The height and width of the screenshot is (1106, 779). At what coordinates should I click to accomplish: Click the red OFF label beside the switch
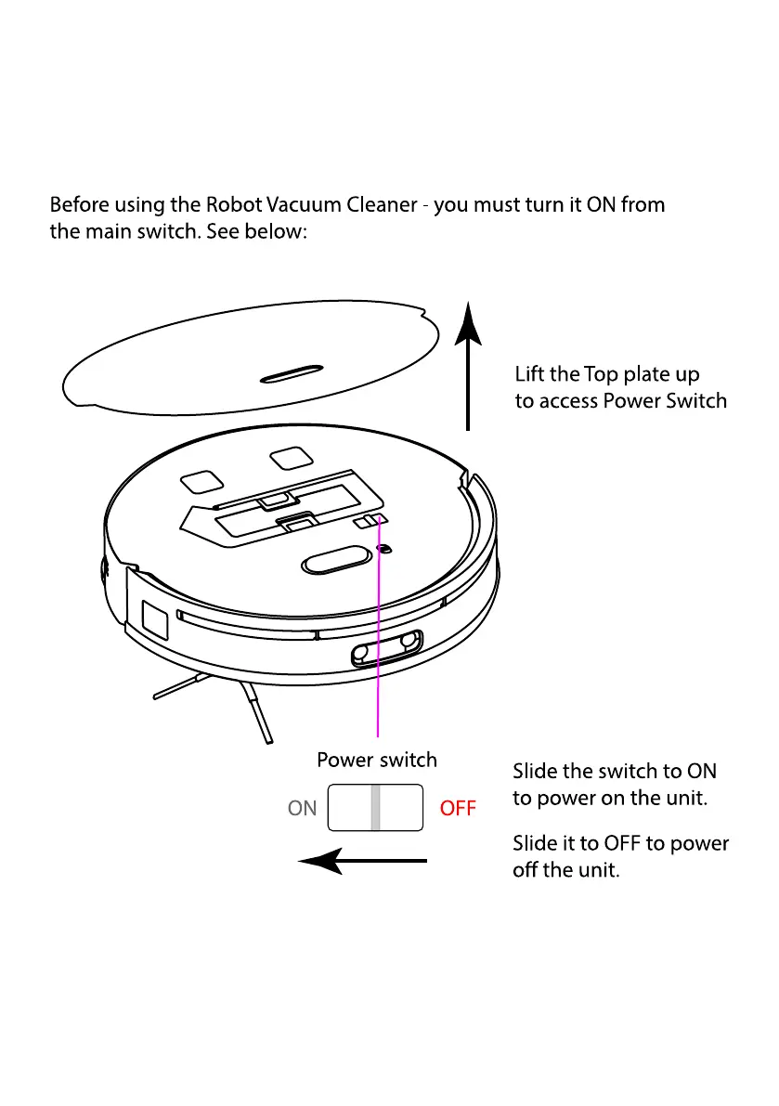tap(457, 809)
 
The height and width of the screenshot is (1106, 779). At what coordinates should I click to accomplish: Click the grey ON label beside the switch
tap(302, 809)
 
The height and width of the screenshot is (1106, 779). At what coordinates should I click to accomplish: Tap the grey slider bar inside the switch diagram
tap(375, 808)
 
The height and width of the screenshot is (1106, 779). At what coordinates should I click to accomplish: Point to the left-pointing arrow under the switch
tap(362, 862)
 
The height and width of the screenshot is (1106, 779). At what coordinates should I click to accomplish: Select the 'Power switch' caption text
tap(376, 760)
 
